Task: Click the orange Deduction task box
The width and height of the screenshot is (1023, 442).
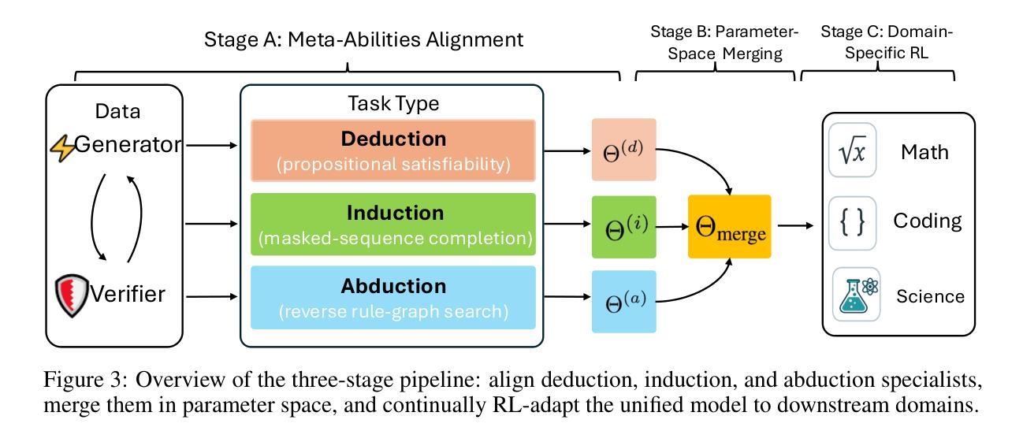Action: [393, 150]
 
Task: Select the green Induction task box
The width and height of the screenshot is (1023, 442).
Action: [393, 225]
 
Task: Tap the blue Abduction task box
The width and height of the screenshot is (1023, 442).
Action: [393, 298]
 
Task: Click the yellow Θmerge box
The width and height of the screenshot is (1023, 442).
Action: [729, 226]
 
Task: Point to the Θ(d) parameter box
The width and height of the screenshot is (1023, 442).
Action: [624, 150]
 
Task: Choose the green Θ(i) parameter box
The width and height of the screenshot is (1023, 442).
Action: [624, 227]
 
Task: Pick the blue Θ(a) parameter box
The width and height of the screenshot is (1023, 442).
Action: [624, 301]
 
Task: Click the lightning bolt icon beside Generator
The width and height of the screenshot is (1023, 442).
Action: [64, 148]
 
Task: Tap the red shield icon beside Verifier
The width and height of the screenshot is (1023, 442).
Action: [71, 295]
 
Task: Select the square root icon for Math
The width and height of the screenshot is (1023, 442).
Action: [852, 150]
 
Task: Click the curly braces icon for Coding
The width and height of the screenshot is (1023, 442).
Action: [852, 223]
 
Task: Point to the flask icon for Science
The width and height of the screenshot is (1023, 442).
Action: [856, 294]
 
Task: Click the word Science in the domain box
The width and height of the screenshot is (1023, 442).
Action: [930, 296]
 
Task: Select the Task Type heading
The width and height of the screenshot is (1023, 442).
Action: [393, 104]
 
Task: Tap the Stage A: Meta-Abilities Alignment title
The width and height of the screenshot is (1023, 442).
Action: [363, 39]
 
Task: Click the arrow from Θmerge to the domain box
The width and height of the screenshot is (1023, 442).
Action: [795, 225]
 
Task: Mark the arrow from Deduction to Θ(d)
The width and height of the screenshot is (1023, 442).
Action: [567, 150]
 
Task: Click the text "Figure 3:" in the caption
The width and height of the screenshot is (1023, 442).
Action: [85, 380]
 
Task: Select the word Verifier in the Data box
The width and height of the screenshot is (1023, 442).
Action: [128, 294]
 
